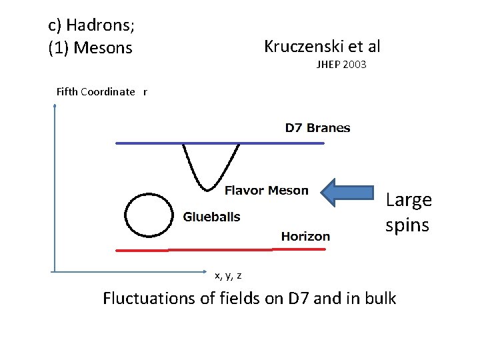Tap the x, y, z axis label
(x=228, y=275)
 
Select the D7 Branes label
(x=317, y=128)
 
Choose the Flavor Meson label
(x=266, y=191)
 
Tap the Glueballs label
(x=211, y=217)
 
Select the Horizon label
(x=305, y=236)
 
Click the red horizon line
(x=220, y=249)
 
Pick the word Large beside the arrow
(x=409, y=199)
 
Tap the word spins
(x=407, y=225)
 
